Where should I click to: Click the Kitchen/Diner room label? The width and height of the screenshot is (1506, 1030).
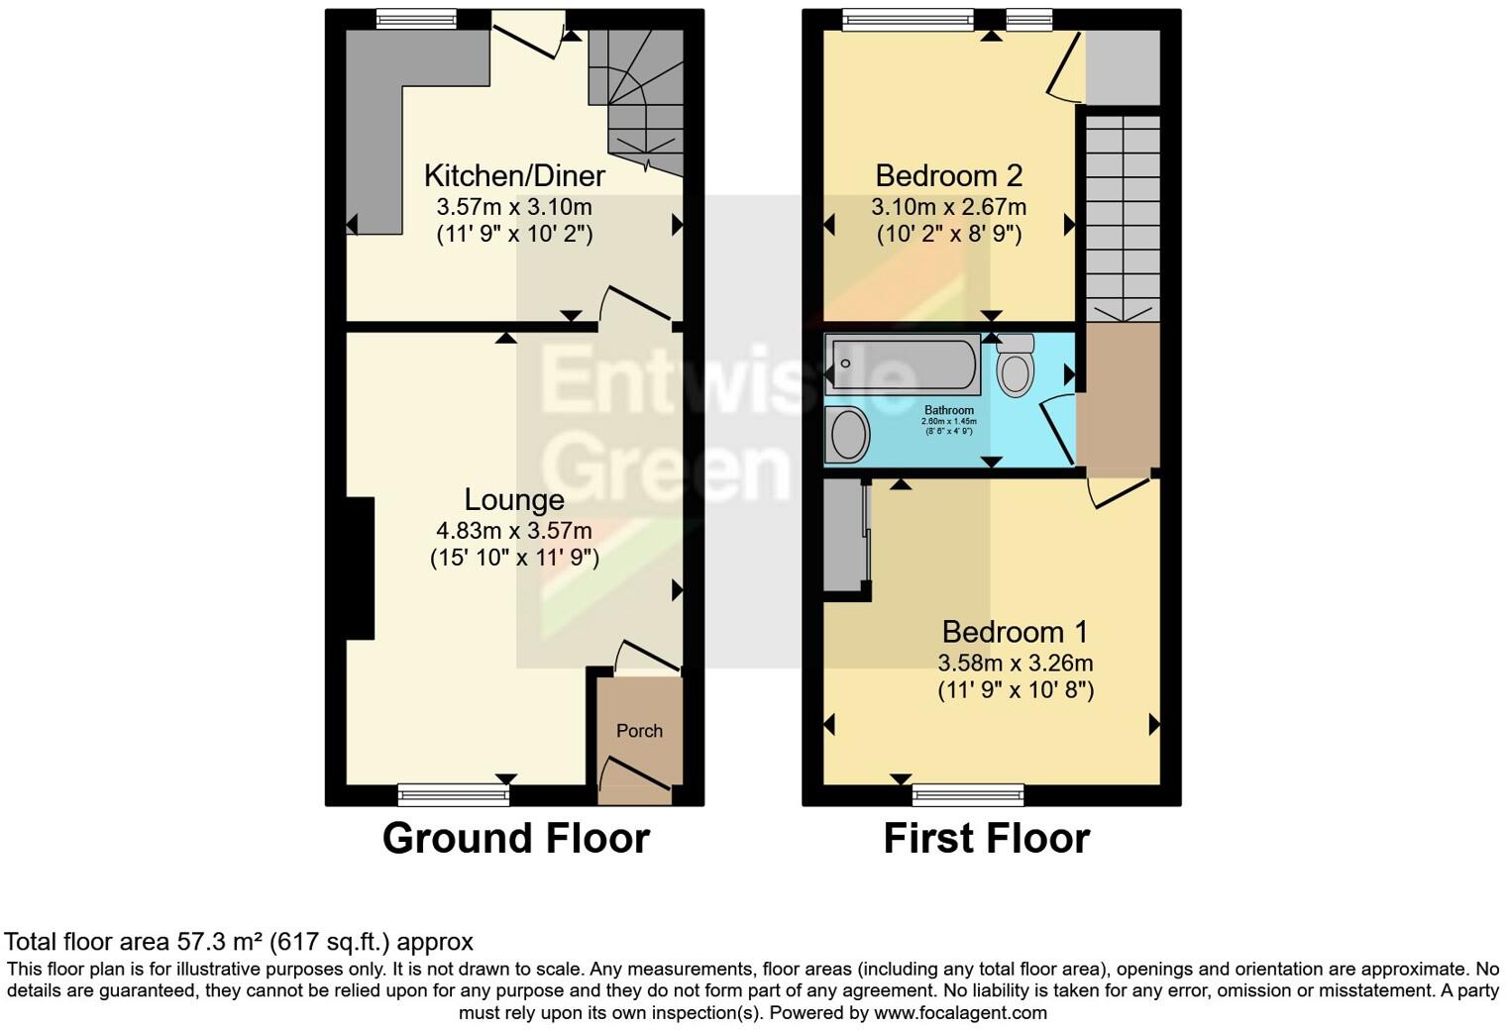514,176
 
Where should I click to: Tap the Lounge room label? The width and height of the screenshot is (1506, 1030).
514,500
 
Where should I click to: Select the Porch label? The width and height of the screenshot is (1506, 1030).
639,731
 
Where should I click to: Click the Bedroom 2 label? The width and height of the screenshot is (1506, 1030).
948,176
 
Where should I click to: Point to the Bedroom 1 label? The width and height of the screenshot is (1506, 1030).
1015,632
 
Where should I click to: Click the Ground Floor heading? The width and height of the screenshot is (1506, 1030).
515,839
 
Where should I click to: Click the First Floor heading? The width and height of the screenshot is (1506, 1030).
986,839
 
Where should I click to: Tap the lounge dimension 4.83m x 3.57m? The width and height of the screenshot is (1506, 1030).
514,531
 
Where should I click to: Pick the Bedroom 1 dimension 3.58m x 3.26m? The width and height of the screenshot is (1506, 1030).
1015,663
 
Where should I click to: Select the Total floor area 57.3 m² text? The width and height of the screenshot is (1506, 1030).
239,942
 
